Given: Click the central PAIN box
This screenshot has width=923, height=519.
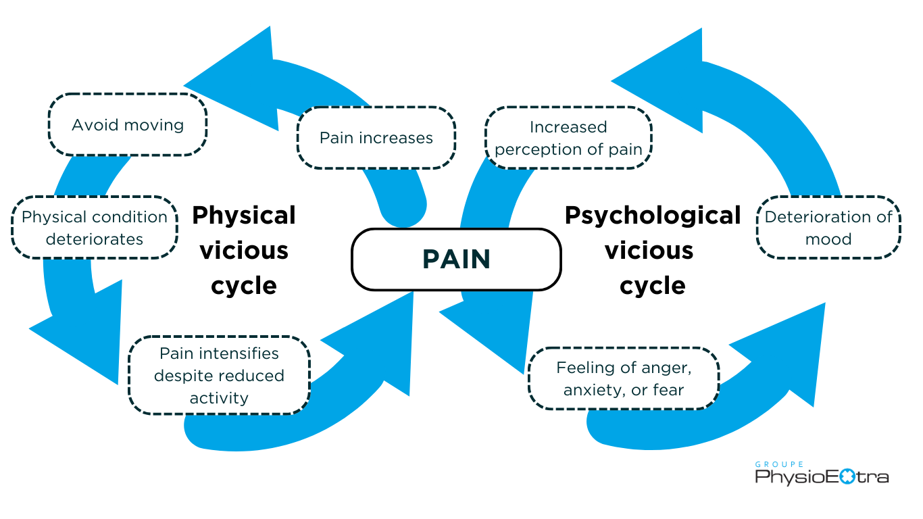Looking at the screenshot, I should tap(456, 259).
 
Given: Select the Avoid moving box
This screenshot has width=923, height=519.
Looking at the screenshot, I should tap(128, 125).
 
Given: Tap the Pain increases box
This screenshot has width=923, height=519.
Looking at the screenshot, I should tap(376, 138).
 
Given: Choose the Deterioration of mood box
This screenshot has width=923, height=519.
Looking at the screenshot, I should tap(828, 228).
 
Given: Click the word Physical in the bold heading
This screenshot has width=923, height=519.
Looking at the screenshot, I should tap(244, 216).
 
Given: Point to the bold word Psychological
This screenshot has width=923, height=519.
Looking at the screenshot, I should tap(653, 216).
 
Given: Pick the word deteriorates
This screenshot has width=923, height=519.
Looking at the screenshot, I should tap(95, 239).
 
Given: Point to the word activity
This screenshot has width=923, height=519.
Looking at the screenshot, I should tap(219, 398).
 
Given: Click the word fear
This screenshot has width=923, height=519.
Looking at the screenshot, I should tap(668, 390).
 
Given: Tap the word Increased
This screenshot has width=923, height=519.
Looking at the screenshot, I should tap(568, 127).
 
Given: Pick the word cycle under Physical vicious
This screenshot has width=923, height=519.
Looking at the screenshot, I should tap(244, 285).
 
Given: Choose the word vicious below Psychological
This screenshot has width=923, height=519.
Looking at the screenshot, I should tap(649, 251).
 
